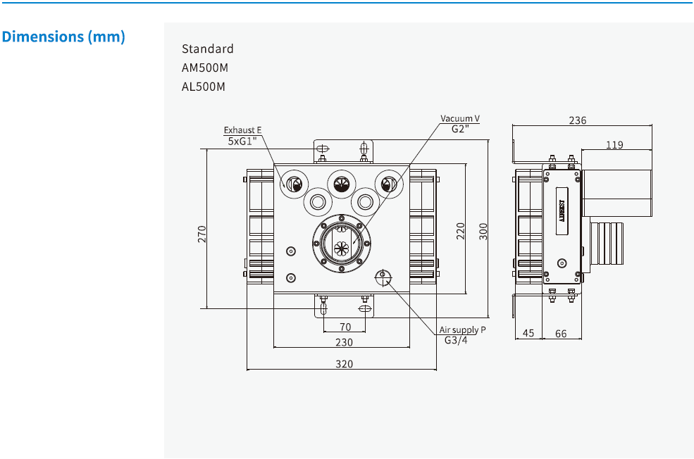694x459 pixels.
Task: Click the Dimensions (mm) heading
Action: coord(64,37)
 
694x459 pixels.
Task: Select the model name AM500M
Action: coord(204,68)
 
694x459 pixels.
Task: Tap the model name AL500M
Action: coord(204,87)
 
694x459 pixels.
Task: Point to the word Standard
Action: coord(207,49)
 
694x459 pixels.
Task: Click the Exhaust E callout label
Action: coord(242,130)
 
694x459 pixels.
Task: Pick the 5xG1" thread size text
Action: coord(242,141)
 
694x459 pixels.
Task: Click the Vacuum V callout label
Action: coord(460,118)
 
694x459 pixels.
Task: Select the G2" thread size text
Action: coord(461,129)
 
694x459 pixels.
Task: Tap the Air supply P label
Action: coord(463,329)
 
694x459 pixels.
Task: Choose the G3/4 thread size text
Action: coord(456,340)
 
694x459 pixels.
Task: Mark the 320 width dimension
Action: coord(344,364)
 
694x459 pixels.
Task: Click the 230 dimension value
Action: coord(344,342)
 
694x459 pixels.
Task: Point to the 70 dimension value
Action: coord(345,327)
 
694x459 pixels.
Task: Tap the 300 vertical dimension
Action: coord(483,231)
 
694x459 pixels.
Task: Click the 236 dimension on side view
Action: coord(577,120)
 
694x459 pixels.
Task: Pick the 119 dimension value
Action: coord(614,146)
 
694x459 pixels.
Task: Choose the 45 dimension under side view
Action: coord(528,334)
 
